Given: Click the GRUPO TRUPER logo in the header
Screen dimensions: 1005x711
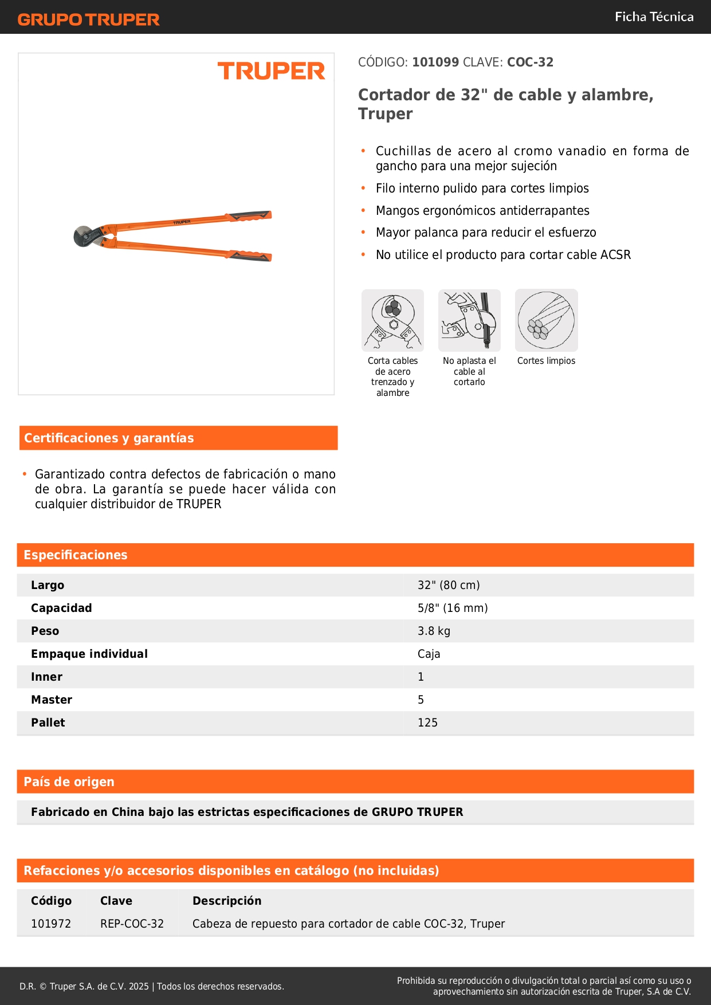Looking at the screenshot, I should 88,19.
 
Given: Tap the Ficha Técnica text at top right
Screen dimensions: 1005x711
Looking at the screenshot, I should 654,17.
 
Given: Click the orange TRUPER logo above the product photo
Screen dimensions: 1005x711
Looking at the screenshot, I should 271,71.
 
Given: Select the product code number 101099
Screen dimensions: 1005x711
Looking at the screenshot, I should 435,62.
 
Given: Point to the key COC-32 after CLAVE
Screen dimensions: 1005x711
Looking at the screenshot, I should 530,62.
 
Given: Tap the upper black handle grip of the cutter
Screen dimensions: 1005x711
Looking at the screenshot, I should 250,216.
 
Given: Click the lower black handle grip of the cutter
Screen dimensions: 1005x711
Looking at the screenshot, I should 250,256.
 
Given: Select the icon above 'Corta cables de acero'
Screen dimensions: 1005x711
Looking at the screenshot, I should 392,320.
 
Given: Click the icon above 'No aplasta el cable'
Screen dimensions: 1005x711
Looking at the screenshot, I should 469,320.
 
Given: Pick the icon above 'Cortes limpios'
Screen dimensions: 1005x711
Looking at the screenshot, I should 546,320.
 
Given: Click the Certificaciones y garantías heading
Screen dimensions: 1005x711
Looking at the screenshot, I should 109,438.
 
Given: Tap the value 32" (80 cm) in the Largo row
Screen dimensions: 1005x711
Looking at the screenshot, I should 449,585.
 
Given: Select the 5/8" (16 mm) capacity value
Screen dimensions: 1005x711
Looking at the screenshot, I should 453,608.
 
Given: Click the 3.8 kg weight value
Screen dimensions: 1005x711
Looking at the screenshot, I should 434,631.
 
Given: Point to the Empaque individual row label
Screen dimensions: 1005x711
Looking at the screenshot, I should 89,654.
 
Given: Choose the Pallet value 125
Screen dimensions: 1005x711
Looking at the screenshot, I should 427,723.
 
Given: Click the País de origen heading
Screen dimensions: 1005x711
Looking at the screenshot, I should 69,782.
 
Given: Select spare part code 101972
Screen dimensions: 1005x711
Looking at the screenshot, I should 51,924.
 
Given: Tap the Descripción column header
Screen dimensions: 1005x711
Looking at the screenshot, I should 227,901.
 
